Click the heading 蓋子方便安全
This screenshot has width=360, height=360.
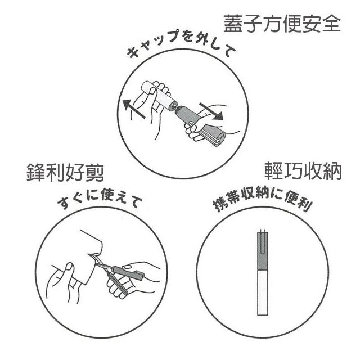(x=282, y=24)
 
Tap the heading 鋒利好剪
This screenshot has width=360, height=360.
(x=65, y=173)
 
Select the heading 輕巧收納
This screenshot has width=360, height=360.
(x=303, y=171)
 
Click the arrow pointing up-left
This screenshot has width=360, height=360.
(x=134, y=109)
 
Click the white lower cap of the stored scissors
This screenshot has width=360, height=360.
(x=263, y=292)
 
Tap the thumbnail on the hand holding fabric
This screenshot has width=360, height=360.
(x=70, y=267)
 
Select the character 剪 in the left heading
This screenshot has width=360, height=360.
(x=94, y=173)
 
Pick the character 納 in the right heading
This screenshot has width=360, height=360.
(x=332, y=171)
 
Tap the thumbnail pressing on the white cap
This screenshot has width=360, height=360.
(x=152, y=91)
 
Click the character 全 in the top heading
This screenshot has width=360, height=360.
(x=331, y=24)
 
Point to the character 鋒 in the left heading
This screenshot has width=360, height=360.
(x=36, y=173)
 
